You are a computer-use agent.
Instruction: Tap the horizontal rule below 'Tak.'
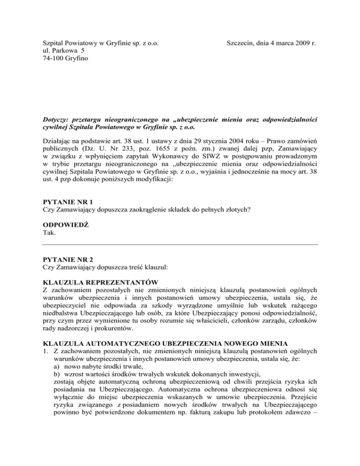180,244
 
